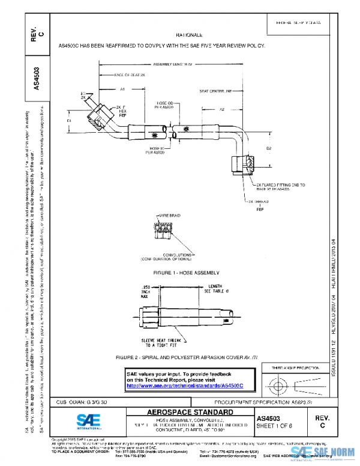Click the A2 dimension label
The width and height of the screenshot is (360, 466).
click(221, 110)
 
